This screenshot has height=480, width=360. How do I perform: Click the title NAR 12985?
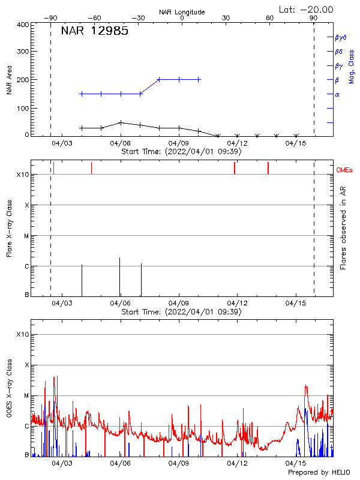click(x=95, y=32)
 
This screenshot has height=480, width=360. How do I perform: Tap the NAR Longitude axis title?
click(x=182, y=12)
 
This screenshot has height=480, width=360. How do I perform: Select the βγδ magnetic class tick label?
click(x=340, y=37)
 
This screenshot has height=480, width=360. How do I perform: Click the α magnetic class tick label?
click(x=337, y=94)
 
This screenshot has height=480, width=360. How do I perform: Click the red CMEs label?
click(x=346, y=170)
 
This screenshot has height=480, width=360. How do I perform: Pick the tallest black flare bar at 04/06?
click(x=119, y=276)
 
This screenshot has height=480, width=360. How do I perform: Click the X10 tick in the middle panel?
click(x=23, y=175)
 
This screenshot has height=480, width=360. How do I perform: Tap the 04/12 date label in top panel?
click(x=237, y=143)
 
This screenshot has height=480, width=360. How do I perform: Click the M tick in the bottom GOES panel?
click(x=26, y=395)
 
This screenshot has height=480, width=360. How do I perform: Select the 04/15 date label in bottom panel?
click(x=296, y=464)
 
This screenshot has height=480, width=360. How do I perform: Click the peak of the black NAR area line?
click(x=121, y=122)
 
